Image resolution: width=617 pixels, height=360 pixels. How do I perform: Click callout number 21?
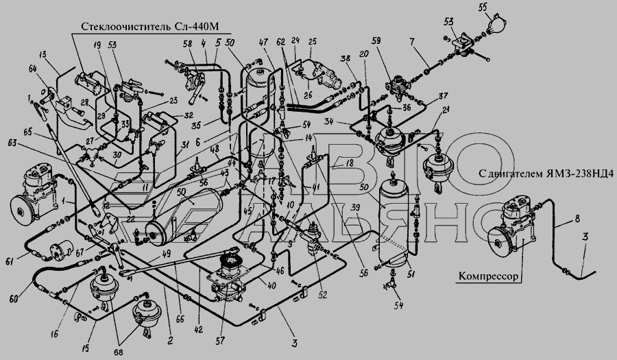click(446, 112)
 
